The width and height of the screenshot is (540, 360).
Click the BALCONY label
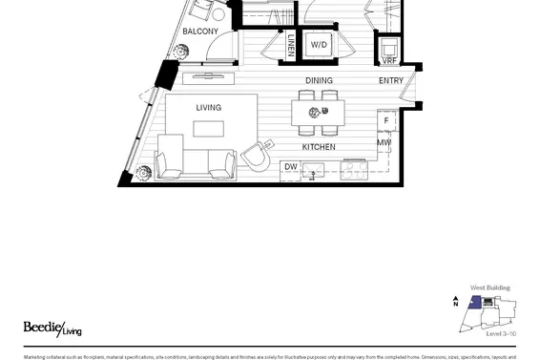pos(200,32)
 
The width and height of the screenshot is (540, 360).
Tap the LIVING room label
pos(209,108)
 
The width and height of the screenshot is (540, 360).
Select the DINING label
pos(319,81)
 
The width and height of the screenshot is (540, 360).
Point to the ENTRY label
pos(390,81)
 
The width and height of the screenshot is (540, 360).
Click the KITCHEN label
pos(318,147)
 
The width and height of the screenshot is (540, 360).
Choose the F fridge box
pos(385,121)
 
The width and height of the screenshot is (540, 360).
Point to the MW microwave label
pos(384,144)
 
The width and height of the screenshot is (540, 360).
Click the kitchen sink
pos(318,170)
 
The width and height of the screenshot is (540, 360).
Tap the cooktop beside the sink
pos(355,169)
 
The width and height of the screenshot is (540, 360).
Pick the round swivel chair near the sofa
pos(255,155)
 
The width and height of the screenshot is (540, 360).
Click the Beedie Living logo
pos(44,328)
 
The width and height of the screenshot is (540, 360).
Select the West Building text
pos(489,287)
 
